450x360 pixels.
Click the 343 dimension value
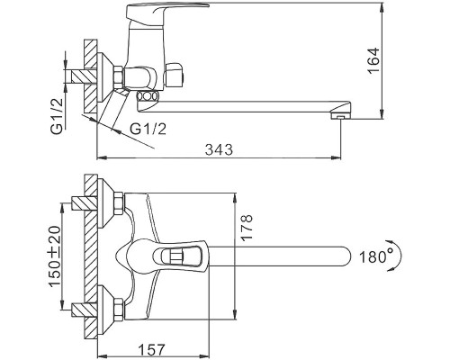click(x=219, y=149)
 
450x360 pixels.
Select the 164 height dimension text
click(x=373, y=60)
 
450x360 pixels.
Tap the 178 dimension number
click(x=247, y=228)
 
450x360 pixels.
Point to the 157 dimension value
click(x=152, y=350)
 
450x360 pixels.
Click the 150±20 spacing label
click(x=55, y=256)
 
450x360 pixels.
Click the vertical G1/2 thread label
click(x=57, y=116)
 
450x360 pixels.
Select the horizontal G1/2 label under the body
click(x=148, y=129)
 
